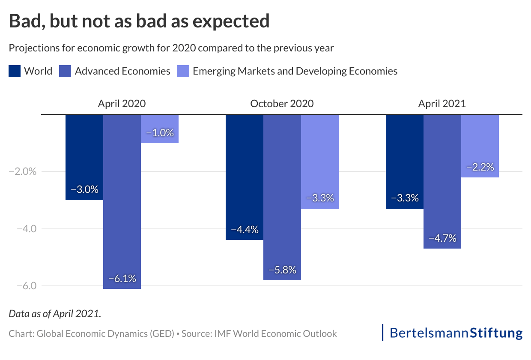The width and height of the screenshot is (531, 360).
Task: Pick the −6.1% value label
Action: (x=122, y=279)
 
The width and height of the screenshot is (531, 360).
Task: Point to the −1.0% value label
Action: (x=160, y=133)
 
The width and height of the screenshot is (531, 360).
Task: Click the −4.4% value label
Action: (x=245, y=230)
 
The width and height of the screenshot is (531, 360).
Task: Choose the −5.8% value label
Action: (x=282, y=270)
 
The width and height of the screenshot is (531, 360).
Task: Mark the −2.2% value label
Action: (x=480, y=167)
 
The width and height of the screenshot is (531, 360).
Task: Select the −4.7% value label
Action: (x=442, y=238)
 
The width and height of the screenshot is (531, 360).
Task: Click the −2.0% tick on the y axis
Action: (x=23, y=171)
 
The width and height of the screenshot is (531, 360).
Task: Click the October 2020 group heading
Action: (x=282, y=104)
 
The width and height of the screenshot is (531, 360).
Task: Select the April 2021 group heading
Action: (x=442, y=104)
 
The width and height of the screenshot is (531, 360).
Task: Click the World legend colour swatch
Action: (x=15, y=71)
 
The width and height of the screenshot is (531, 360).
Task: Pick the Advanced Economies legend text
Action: (x=122, y=71)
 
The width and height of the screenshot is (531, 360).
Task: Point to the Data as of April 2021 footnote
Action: (x=55, y=313)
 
